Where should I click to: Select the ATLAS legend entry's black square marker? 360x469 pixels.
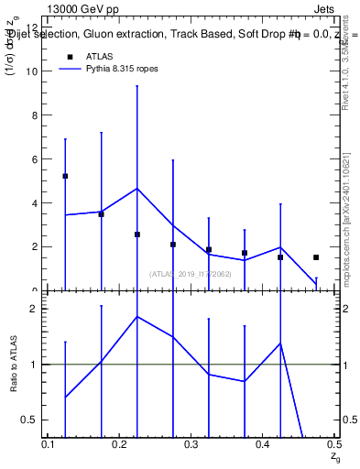(x=67, y=57)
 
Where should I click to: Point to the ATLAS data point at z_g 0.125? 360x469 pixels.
(x=65, y=176)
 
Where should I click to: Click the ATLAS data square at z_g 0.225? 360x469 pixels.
(x=137, y=234)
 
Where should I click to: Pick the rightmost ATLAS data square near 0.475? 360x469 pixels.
(x=316, y=257)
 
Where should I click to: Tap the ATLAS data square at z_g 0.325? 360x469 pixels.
(x=209, y=249)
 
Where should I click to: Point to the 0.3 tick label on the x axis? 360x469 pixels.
(x=191, y=443)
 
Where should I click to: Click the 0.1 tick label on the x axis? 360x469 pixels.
(x=49, y=443)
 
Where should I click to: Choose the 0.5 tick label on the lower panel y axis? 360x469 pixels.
(x=28, y=420)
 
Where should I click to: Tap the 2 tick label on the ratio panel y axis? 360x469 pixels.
(x=33, y=309)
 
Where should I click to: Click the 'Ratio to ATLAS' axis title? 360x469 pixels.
(x=14, y=364)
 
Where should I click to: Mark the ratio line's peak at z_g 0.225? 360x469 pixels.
(x=137, y=316)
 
